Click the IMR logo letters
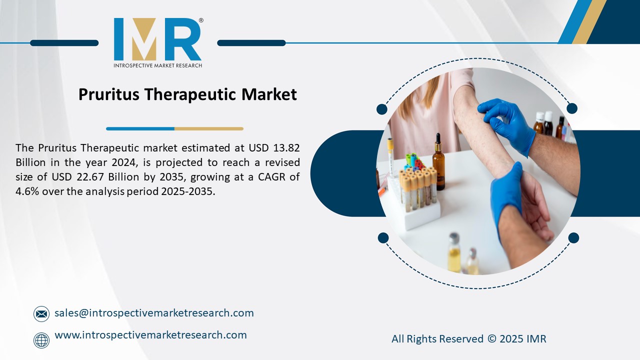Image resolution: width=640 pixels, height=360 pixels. (157, 39)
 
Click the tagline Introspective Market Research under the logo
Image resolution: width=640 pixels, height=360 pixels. (157, 65)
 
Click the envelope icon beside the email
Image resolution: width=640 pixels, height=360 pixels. (41, 314)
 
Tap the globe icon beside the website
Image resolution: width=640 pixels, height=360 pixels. (41, 340)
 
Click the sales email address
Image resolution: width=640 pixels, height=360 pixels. (154, 313)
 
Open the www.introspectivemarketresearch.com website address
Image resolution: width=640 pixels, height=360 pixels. (150, 335)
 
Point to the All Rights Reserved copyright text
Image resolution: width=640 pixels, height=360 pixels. (468, 339)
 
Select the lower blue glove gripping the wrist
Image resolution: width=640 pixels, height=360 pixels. (507, 200)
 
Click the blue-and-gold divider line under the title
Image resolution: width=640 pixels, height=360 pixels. (174, 128)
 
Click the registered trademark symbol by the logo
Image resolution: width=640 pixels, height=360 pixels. (201, 20)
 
